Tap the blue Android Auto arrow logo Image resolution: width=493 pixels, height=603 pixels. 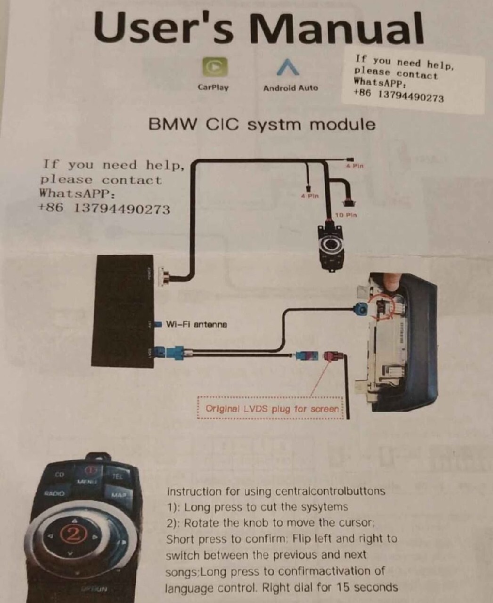click(288, 67)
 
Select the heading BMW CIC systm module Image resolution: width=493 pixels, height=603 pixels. click(262, 125)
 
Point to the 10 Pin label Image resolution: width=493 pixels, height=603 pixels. click(345, 215)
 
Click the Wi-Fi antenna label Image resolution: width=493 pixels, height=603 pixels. click(196, 325)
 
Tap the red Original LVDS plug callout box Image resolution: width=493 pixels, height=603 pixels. click(272, 408)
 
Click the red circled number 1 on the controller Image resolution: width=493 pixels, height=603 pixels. click(90, 470)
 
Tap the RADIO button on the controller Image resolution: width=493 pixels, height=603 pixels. click(54, 494)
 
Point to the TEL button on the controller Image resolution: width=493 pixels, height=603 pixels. click(117, 476)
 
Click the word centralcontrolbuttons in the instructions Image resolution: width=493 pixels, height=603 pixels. click(330, 491)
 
